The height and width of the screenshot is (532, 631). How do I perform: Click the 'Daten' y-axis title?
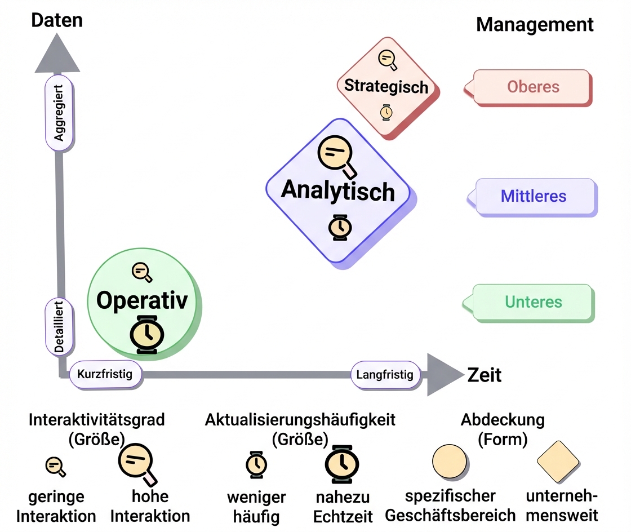pyautogui.click(x=57, y=20)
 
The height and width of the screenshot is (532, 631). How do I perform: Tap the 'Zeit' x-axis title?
pyautogui.click(x=485, y=375)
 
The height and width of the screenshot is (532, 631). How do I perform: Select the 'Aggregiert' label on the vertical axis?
pyautogui.click(x=59, y=113)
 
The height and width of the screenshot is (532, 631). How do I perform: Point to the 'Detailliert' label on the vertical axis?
pyautogui.click(x=59, y=327)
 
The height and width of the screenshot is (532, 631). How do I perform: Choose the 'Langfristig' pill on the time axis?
pyautogui.click(x=385, y=375)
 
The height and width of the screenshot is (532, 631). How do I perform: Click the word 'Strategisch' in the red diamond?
pyautogui.click(x=386, y=86)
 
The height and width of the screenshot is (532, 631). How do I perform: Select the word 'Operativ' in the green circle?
pyautogui.click(x=141, y=300)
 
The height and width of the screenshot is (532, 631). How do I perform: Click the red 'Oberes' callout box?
pyautogui.click(x=533, y=87)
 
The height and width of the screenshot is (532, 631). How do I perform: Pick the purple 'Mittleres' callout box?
pyautogui.click(x=534, y=197)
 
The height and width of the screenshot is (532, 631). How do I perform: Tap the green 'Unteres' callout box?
pyautogui.click(x=533, y=302)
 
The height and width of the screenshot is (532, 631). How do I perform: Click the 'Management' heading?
pyautogui.click(x=535, y=25)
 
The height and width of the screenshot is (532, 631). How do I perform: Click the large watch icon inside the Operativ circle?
pyautogui.click(x=146, y=335)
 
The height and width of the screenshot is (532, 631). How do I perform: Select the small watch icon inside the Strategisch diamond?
pyautogui.click(x=386, y=112)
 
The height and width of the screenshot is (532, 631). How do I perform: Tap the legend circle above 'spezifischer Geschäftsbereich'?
pyautogui.click(x=449, y=461)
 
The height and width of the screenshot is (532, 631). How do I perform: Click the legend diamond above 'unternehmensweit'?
pyautogui.click(x=558, y=462)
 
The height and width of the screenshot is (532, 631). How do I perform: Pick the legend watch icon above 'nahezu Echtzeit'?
pyautogui.click(x=341, y=464)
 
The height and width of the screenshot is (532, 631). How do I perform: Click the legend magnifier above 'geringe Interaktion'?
pyautogui.click(x=55, y=466)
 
